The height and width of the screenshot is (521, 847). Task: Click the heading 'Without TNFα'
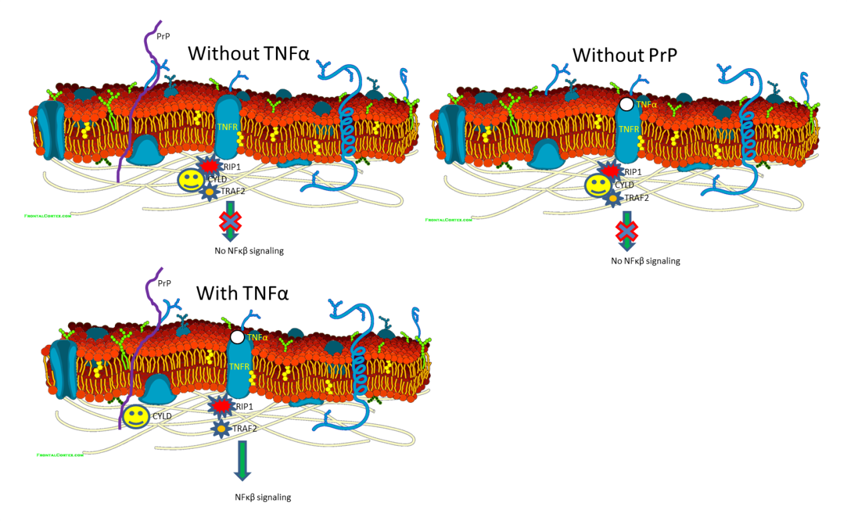click(249, 53)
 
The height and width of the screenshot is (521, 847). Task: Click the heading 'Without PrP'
click(625, 55)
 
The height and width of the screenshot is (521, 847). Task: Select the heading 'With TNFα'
click(242, 292)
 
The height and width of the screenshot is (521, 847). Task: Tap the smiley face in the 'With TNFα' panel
click(135, 417)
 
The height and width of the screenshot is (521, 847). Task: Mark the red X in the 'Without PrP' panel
click(626, 230)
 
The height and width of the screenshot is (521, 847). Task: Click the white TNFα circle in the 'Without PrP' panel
click(626, 104)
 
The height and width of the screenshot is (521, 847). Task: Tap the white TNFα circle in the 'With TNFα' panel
click(236, 338)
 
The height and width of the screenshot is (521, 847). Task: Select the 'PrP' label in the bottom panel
click(164, 283)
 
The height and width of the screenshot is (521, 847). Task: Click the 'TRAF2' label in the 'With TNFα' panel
click(244, 428)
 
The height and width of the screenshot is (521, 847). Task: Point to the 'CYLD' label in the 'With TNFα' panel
click(162, 416)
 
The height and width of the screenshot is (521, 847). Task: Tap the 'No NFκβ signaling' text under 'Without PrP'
click(645, 261)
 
